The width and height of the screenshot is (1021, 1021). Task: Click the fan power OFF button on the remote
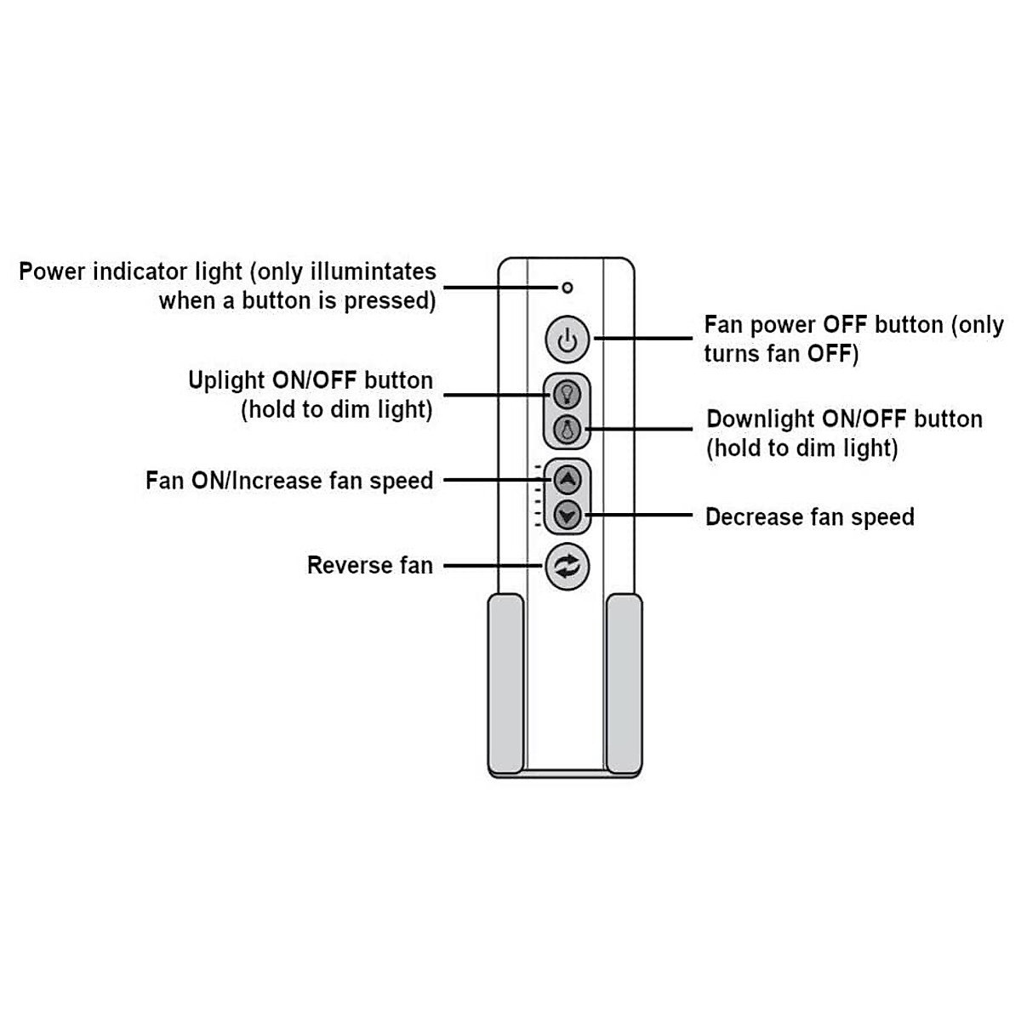click(x=567, y=340)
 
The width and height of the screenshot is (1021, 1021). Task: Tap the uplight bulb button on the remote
click(x=567, y=394)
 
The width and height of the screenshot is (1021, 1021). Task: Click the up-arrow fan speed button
click(x=568, y=480)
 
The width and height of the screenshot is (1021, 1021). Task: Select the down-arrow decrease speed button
click(x=568, y=515)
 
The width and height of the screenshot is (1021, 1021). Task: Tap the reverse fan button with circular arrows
click(x=567, y=566)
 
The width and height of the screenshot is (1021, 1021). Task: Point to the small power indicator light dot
click(x=568, y=288)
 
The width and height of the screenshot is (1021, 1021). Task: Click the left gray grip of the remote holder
click(x=505, y=685)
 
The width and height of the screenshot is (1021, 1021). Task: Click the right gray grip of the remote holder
click(x=624, y=685)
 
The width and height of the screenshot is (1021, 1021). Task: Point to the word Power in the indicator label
click(x=52, y=272)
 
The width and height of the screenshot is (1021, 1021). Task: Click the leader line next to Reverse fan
click(x=493, y=566)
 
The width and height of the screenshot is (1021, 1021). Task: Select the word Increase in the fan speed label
click(x=277, y=481)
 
